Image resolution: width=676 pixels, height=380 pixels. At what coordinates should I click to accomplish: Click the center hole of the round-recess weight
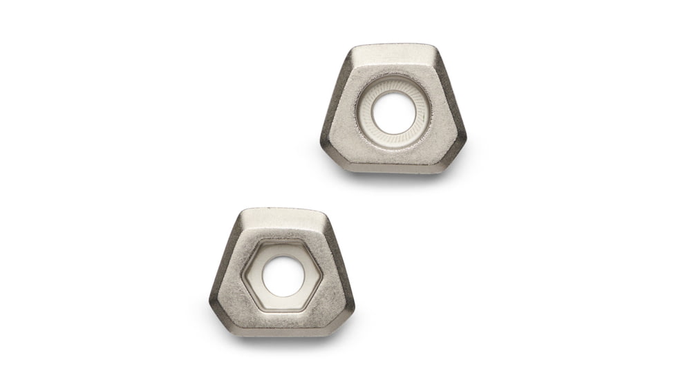(x=393, y=113)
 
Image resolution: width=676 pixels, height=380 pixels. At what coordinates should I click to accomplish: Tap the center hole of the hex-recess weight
(x=283, y=276)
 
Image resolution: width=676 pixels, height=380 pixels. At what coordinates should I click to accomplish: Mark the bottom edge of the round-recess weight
(x=393, y=168)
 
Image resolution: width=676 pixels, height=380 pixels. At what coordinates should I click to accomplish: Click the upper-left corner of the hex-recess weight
(x=242, y=214)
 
